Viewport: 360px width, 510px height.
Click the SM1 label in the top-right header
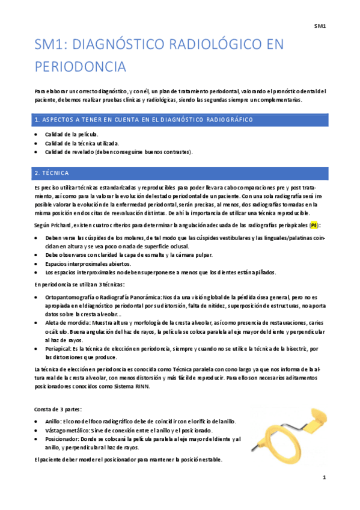point(319,25)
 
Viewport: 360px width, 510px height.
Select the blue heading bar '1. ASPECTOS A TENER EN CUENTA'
point(180,120)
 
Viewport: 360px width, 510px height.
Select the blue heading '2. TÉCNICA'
point(180,173)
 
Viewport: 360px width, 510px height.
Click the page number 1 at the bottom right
point(324,478)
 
